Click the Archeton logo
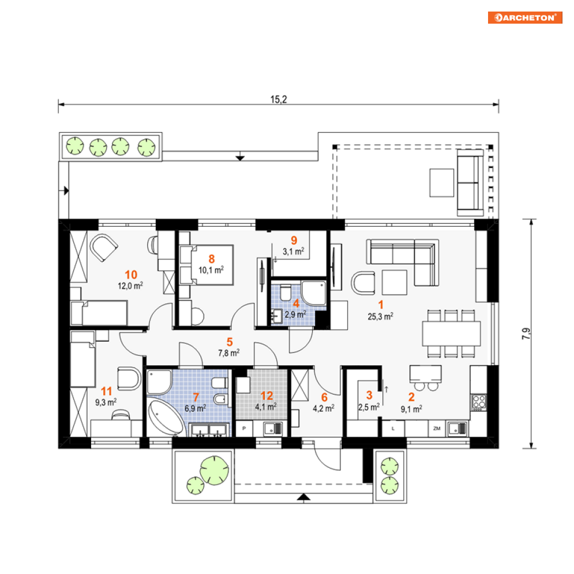[524, 17]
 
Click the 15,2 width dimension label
[279, 99]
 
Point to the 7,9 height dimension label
[526, 333]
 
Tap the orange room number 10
[131, 275]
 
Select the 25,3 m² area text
[380, 316]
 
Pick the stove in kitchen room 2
[479, 402]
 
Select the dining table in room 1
[451, 333]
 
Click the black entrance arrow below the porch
[303, 497]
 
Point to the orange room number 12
[267, 396]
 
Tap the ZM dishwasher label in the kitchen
[437, 428]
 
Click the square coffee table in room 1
[394, 282]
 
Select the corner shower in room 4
[314, 293]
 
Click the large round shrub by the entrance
[214, 470]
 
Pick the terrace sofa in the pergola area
[470, 182]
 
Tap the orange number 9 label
[294, 240]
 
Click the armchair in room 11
[129, 378]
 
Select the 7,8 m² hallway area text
[229, 353]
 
